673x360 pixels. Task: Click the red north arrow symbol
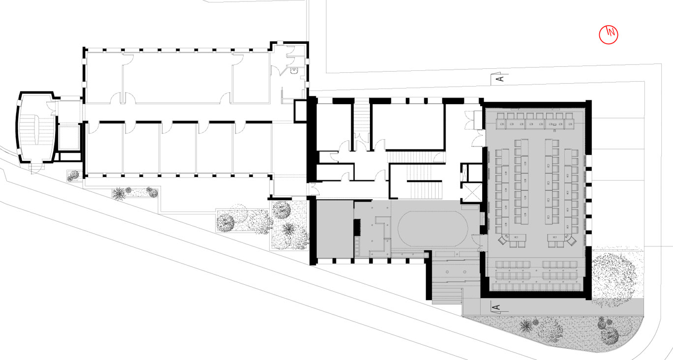(609, 34)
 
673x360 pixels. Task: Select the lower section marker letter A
(497, 307)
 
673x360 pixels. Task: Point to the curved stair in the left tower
(36, 130)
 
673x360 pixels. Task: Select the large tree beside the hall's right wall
(613, 275)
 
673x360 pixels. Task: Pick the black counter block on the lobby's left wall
(357, 227)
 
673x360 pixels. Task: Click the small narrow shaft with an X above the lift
(464, 173)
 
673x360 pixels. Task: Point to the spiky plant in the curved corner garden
(526, 326)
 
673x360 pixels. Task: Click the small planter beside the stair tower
(74, 176)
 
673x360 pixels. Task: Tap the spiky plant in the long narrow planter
(119, 194)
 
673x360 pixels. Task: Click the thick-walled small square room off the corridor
(300, 111)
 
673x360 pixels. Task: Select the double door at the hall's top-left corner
(470, 120)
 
